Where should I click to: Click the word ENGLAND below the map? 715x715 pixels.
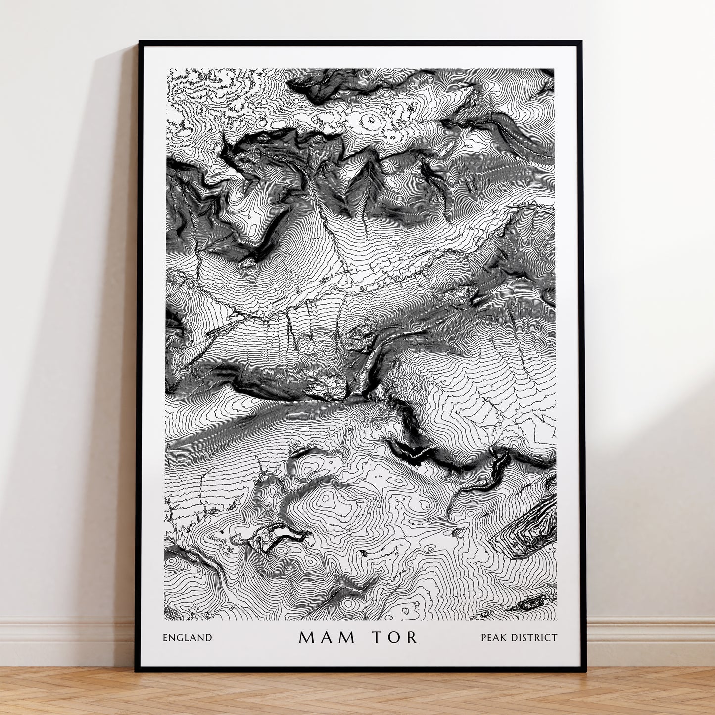187,638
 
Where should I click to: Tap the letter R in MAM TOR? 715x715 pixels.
413,637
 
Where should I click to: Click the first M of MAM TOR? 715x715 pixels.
306,637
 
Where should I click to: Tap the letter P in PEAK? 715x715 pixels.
484,638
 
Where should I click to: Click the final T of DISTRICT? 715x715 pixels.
554,638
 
